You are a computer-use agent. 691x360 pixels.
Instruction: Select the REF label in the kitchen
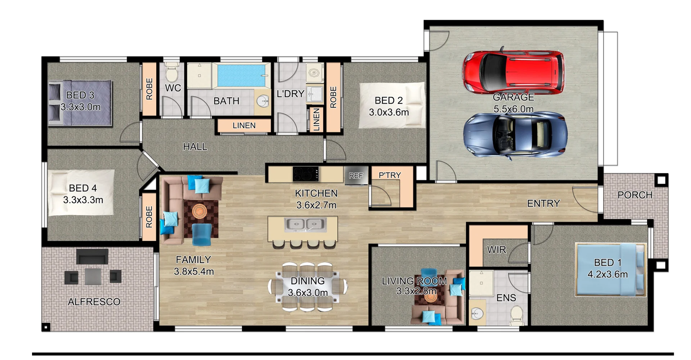356,176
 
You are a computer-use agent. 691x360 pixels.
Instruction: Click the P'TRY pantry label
390,175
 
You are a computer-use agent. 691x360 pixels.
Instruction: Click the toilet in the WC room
172,73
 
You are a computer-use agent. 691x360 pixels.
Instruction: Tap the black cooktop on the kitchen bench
306,174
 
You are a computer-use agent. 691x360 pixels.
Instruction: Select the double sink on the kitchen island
305,225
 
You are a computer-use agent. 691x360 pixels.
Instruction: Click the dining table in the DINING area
308,287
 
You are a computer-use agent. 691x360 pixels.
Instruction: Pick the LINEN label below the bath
244,126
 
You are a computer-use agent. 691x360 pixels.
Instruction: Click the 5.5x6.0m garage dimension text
514,109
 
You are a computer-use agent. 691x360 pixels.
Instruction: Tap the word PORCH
635,195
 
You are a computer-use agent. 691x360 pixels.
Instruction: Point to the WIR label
496,250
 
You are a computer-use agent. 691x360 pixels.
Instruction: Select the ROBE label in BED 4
149,217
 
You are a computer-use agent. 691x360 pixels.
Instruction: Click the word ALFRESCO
94,302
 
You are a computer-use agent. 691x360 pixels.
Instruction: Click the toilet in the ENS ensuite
517,314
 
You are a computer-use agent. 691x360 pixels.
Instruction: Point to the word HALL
195,147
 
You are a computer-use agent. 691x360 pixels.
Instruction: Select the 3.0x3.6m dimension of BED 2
389,112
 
